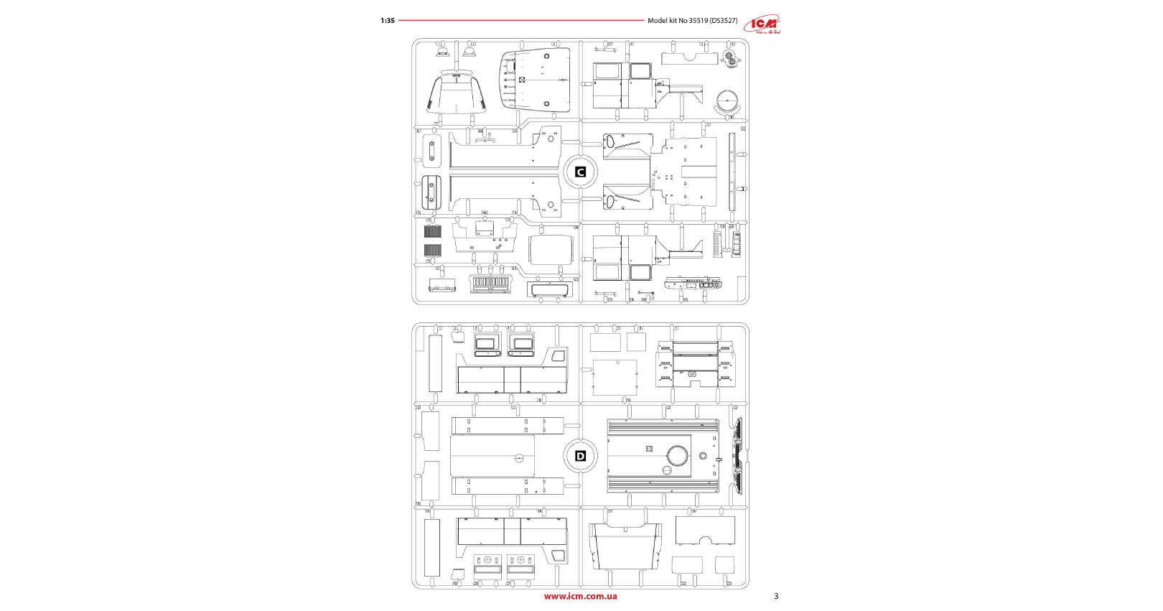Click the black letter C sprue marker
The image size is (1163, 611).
pyautogui.click(x=581, y=172)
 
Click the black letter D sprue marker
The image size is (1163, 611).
pyautogui.click(x=581, y=456)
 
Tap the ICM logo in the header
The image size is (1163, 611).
pyautogui.click(x=762, y=24)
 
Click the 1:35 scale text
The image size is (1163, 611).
pyautogui.click(x=388, y=21)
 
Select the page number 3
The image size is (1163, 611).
pyautogui.click(x=775, y=596)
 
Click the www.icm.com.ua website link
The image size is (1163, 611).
pyautogui.click(x=580, y=596)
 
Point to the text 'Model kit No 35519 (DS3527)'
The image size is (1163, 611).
pyautogui.click(x=692, y=21)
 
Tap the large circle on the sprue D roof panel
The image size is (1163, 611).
pyautogui.click(x=677, y=455)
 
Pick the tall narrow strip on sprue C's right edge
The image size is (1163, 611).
pyautogui.click(x=732, y=172)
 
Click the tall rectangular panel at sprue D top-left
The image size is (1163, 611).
pyautogui.click(x=435, y=363)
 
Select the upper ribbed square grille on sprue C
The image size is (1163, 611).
pyautogui.click(x=432, y=231)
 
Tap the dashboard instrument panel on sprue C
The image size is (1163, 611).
pyautogui.click(x=693, y=283)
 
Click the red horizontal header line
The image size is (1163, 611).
pyautogui.click(x=521, y=21)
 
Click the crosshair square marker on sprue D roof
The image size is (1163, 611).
pyautogui.click(x=649, y=449)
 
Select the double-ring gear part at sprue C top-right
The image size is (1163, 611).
pyautogui.click(x=729, y=57)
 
